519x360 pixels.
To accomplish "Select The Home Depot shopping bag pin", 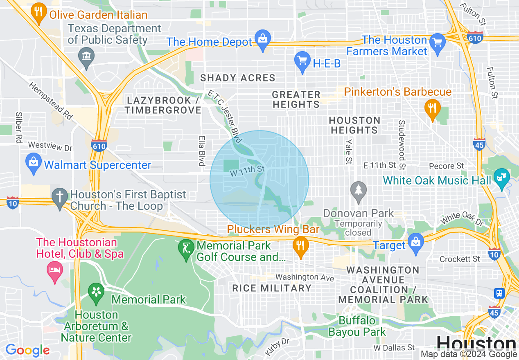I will (x=262, y=39).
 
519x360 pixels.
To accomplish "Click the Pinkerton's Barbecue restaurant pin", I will (x=431, y=109).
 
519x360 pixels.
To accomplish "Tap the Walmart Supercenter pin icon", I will (x=33, y=163).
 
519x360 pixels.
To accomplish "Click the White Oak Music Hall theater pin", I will (x=500, y=178).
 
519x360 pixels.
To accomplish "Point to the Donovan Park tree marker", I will (x=359, y=191).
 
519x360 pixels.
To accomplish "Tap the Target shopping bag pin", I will (x=416, y=243).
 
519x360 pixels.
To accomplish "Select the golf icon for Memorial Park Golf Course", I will (x=186, y=248).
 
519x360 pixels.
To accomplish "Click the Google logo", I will (x=27, y=350).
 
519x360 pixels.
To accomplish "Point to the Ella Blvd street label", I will (x=201, y=151).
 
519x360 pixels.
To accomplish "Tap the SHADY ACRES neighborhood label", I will (x=237, y=78).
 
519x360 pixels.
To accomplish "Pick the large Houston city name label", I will (x=476, y=343).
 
